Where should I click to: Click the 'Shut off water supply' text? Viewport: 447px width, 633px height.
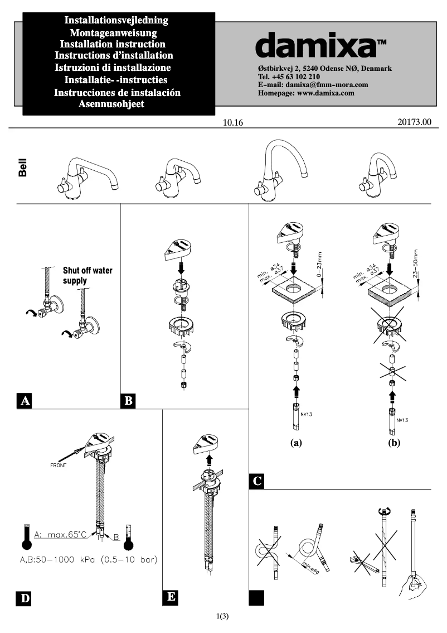click(x=88, y=275)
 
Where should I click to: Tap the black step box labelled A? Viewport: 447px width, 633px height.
click(x=24, y=400)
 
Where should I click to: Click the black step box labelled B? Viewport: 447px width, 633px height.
click(x=128, y=400)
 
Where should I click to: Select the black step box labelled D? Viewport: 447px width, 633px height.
click(x=24, y=598)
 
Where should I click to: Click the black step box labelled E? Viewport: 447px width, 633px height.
click(x=172, y=597)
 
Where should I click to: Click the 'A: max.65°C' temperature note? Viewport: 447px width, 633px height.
click(x=60, y=534)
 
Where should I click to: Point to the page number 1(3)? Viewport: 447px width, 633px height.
click(x=223, y=616)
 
